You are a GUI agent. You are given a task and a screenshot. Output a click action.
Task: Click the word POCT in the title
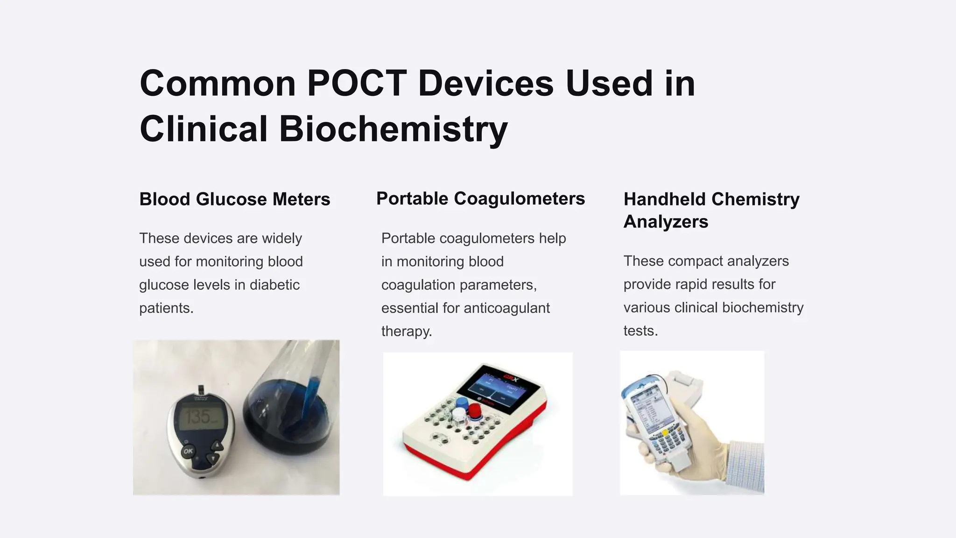[357, 84]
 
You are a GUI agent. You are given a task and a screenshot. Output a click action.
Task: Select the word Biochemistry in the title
[393, 129]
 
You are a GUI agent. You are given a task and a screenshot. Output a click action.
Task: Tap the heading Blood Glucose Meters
[234, 199]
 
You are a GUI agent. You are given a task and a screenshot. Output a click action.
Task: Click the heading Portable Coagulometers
[480, 199]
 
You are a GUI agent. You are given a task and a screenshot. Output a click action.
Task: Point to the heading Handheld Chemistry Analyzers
[711, 210]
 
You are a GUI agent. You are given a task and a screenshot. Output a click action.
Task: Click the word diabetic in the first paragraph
[274, 285]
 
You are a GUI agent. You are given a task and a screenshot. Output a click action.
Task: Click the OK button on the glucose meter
[188, 451]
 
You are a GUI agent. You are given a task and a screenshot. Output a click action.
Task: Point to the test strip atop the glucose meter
[201, 390]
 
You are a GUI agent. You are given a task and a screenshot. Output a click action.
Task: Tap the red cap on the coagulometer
[475, 410]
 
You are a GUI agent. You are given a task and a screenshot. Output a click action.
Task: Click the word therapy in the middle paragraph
[406, 332]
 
